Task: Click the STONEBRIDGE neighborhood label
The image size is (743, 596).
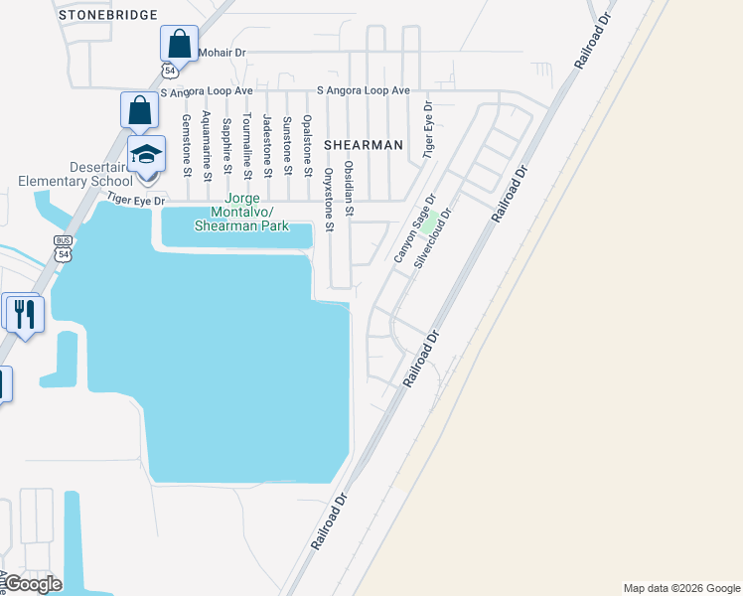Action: click(108, 15)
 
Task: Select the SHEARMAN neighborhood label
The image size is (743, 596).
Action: click(362, 145)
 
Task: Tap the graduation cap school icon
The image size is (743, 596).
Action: click(146, 156)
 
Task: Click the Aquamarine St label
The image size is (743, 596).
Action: click(207, 145)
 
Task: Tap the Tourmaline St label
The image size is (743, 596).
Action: click(247, 143)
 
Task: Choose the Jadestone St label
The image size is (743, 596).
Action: click(267, 140)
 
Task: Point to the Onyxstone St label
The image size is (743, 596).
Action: click(328, 198)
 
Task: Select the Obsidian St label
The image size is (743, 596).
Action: click(348, 189)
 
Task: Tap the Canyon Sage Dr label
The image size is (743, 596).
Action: click(415, 229)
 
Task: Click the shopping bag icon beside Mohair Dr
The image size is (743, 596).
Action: click(179, 44)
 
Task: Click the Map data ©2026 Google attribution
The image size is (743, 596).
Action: click(680, 588)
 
